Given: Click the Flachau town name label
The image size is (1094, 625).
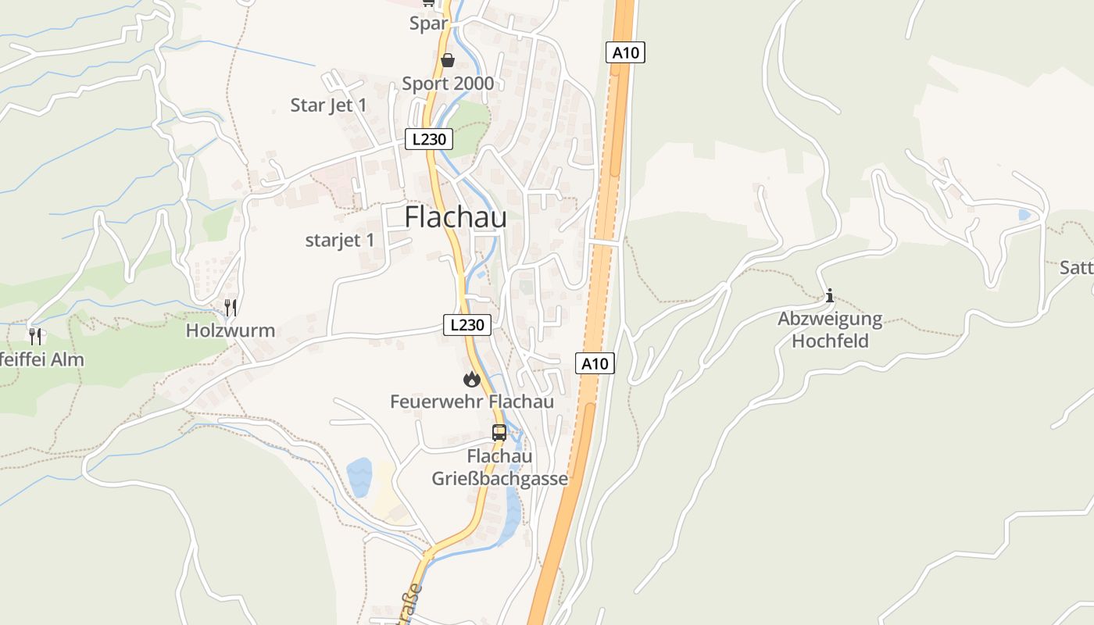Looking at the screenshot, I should click(x=456, y=218).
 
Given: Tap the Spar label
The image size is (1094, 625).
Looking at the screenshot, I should click(x=428, y=23).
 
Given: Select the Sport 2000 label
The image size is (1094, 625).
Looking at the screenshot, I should click(x=448, y=84).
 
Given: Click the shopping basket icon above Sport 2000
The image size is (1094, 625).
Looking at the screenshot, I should click(x=448, y=60).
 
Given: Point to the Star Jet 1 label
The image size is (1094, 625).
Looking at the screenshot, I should click(x=328, y=105).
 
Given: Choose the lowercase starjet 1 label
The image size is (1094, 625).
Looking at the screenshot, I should click(x=340, y=241).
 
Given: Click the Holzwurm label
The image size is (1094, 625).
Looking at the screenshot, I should click(x=231, y=330).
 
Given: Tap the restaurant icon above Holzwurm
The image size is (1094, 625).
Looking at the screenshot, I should click(x=231, y=308).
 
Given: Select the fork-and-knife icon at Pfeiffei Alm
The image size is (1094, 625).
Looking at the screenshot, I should click(x=35, y=337).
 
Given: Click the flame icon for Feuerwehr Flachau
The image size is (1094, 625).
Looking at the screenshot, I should click(x=471, y=380).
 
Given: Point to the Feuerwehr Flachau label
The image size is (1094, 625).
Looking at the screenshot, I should click(x=472, y=402).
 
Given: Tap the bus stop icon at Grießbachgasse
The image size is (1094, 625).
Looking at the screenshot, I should click(x=499, y=432).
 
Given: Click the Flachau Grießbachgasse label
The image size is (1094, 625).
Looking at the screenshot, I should click(x=500, y=467).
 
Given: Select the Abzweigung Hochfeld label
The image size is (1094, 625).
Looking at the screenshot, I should click(x=830, y=330).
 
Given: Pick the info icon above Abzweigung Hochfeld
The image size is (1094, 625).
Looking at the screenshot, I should click(x=830, y=295).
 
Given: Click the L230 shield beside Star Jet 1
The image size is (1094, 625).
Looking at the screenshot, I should click(x=429, y=140).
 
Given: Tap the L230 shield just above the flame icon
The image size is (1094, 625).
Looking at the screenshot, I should click(x=467, y=325).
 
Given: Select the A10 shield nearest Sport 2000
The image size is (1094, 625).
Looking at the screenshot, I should click(x=625, y=53).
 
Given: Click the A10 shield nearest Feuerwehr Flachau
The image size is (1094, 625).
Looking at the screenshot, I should click(x=595, y=363).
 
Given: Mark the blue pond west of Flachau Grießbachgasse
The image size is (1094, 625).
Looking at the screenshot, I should click(x=359, y=476).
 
